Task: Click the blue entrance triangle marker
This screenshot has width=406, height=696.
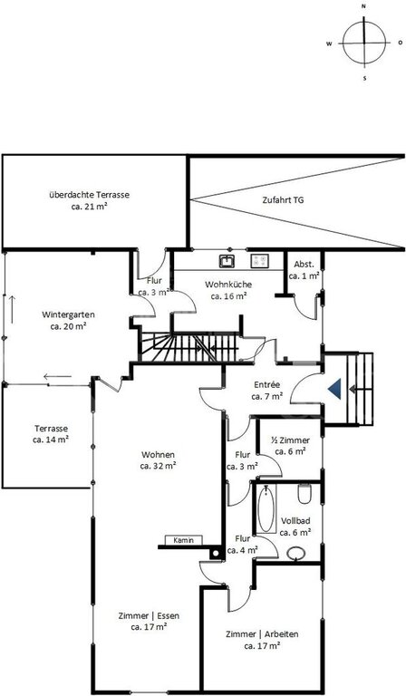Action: pos(334,390)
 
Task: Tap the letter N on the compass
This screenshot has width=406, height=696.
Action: pos(363,6)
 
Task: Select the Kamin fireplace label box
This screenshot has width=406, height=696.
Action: pos(184,540)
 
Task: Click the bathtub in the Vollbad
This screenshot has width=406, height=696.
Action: pos(266,508)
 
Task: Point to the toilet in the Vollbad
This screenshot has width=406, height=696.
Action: pos(304,494)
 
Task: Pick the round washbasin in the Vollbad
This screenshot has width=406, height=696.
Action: pos(296,553)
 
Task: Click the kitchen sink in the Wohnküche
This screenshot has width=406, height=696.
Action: pos(227,261)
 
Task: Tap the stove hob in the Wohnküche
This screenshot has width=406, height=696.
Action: pos(260,261)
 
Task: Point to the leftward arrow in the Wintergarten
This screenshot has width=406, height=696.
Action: pos(57,377)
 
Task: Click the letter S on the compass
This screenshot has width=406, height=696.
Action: pos(364,78)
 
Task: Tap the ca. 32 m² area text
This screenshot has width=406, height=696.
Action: pos(158,466)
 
